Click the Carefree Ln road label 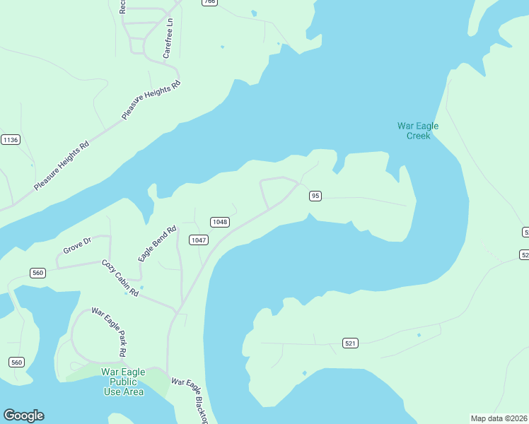click(168, 38)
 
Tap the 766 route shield click(209, 2)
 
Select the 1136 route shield click(11, 140)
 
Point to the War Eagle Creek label click(418, 131)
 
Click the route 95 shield click(315, 196)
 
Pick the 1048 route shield click(219, 222)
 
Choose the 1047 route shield click(199, 240)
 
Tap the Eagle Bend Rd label click(157, 245)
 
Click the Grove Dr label click(77, 246)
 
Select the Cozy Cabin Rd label click(120, 277)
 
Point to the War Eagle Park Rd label click(109, 331)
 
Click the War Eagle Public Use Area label click(123, 382)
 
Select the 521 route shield click(350, 343)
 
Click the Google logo click(23, 416)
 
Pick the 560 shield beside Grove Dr click(38, 273)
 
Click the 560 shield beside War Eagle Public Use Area click(17, 363)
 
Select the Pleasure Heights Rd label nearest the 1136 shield click(62, 165)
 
